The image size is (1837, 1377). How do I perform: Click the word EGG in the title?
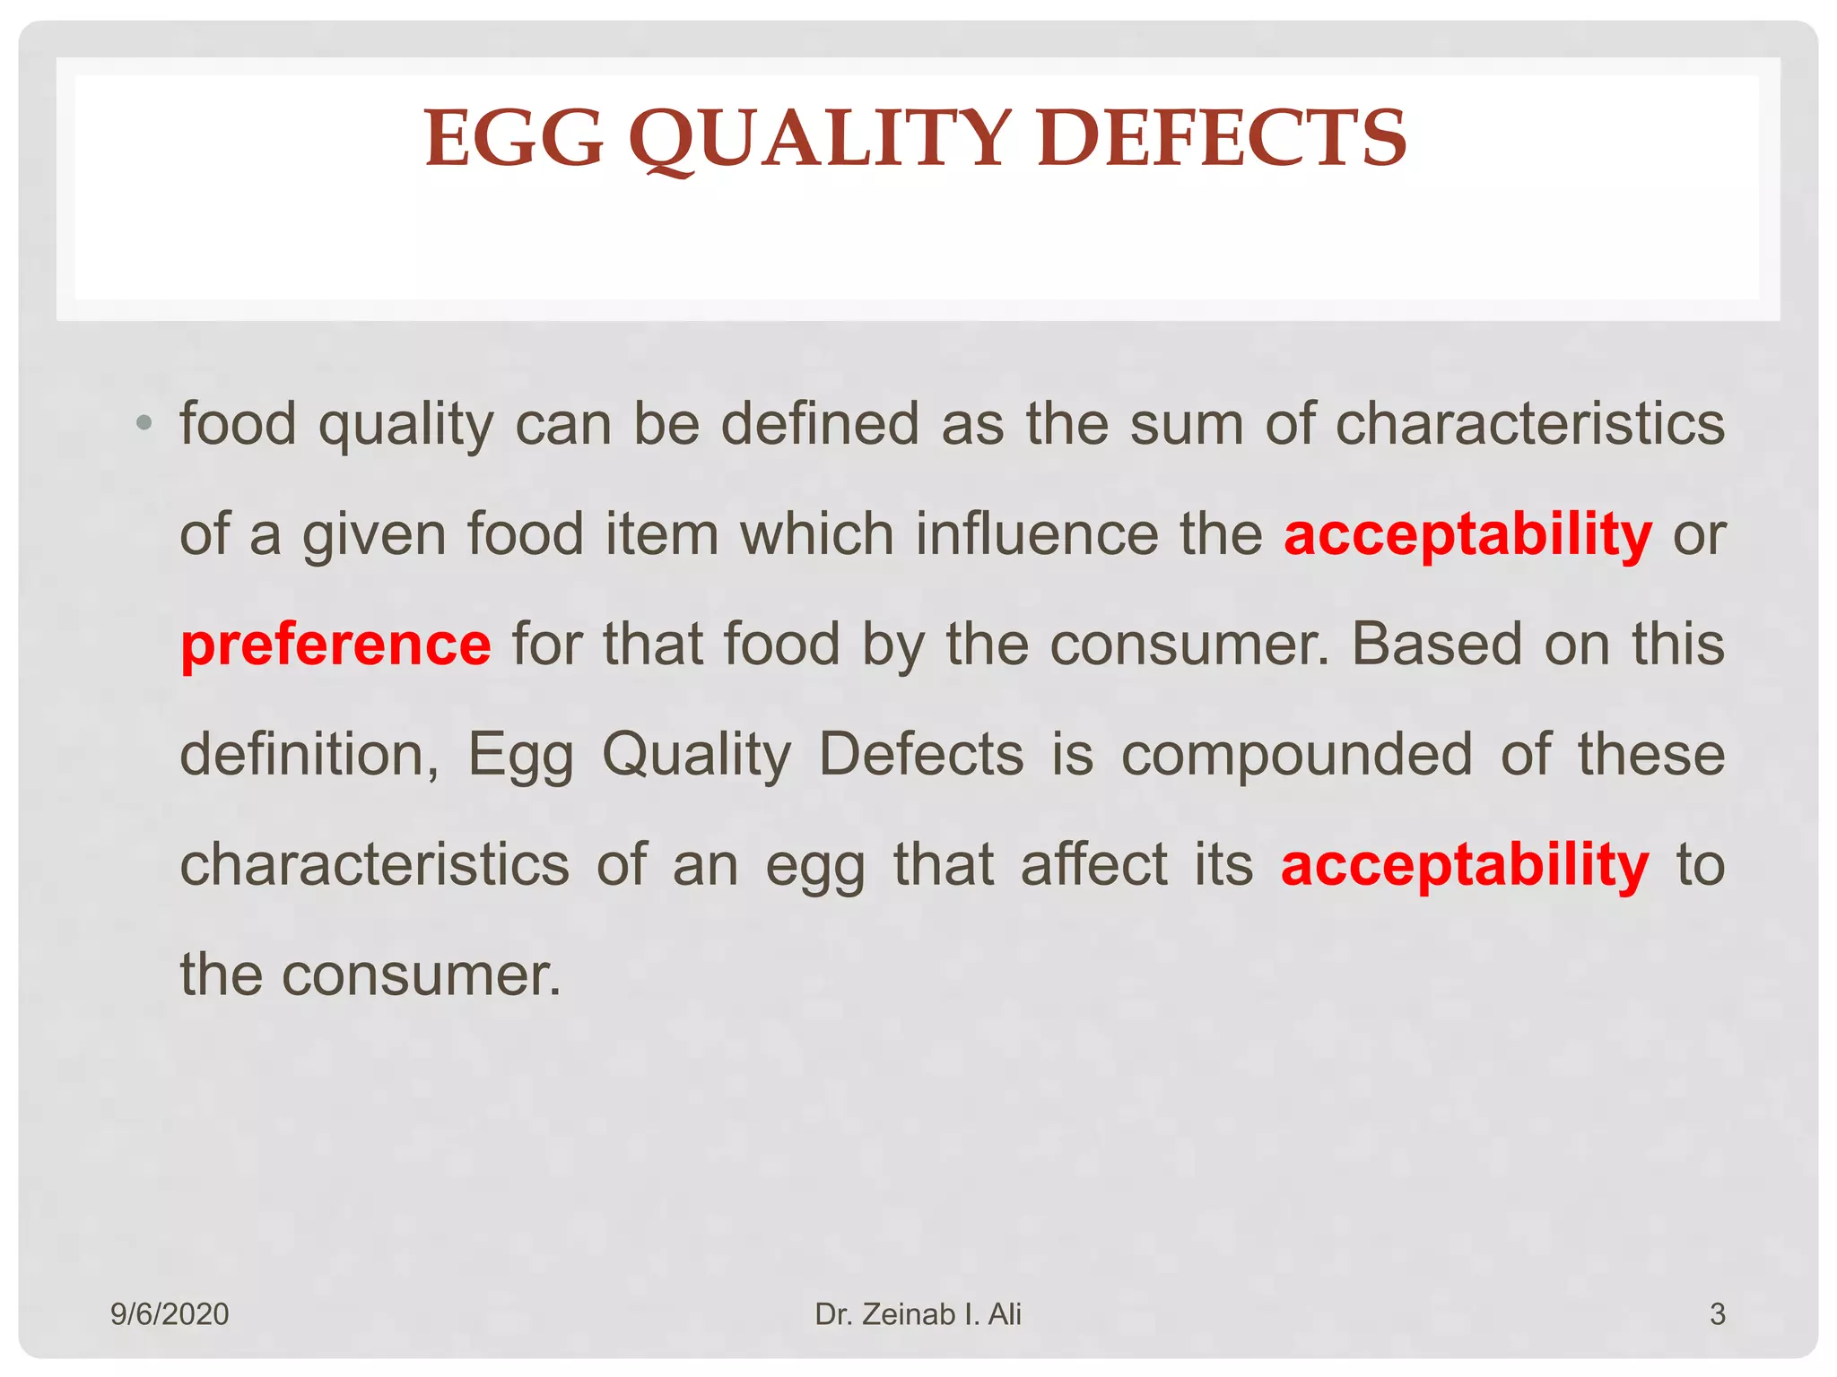[514, 139]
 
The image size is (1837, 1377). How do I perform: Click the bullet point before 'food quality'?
[144, 422]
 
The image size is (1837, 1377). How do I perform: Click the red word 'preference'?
[335, 645]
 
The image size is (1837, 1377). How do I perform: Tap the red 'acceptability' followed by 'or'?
[1467, 534]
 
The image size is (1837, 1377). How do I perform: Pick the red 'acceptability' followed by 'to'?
[1465, 865]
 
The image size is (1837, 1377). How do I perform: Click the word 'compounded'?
[1296, 755]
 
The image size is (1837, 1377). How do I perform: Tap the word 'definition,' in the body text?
[309, 755]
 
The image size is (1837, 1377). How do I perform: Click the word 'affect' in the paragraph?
[1093, 865]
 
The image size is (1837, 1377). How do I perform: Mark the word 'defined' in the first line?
[820, 424]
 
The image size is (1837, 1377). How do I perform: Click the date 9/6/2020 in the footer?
[170, 1314]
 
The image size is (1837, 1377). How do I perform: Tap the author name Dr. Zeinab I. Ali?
[918, 1314]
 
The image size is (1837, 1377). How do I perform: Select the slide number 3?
[1717, 1314]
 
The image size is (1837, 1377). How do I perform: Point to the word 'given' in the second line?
[373, 536]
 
